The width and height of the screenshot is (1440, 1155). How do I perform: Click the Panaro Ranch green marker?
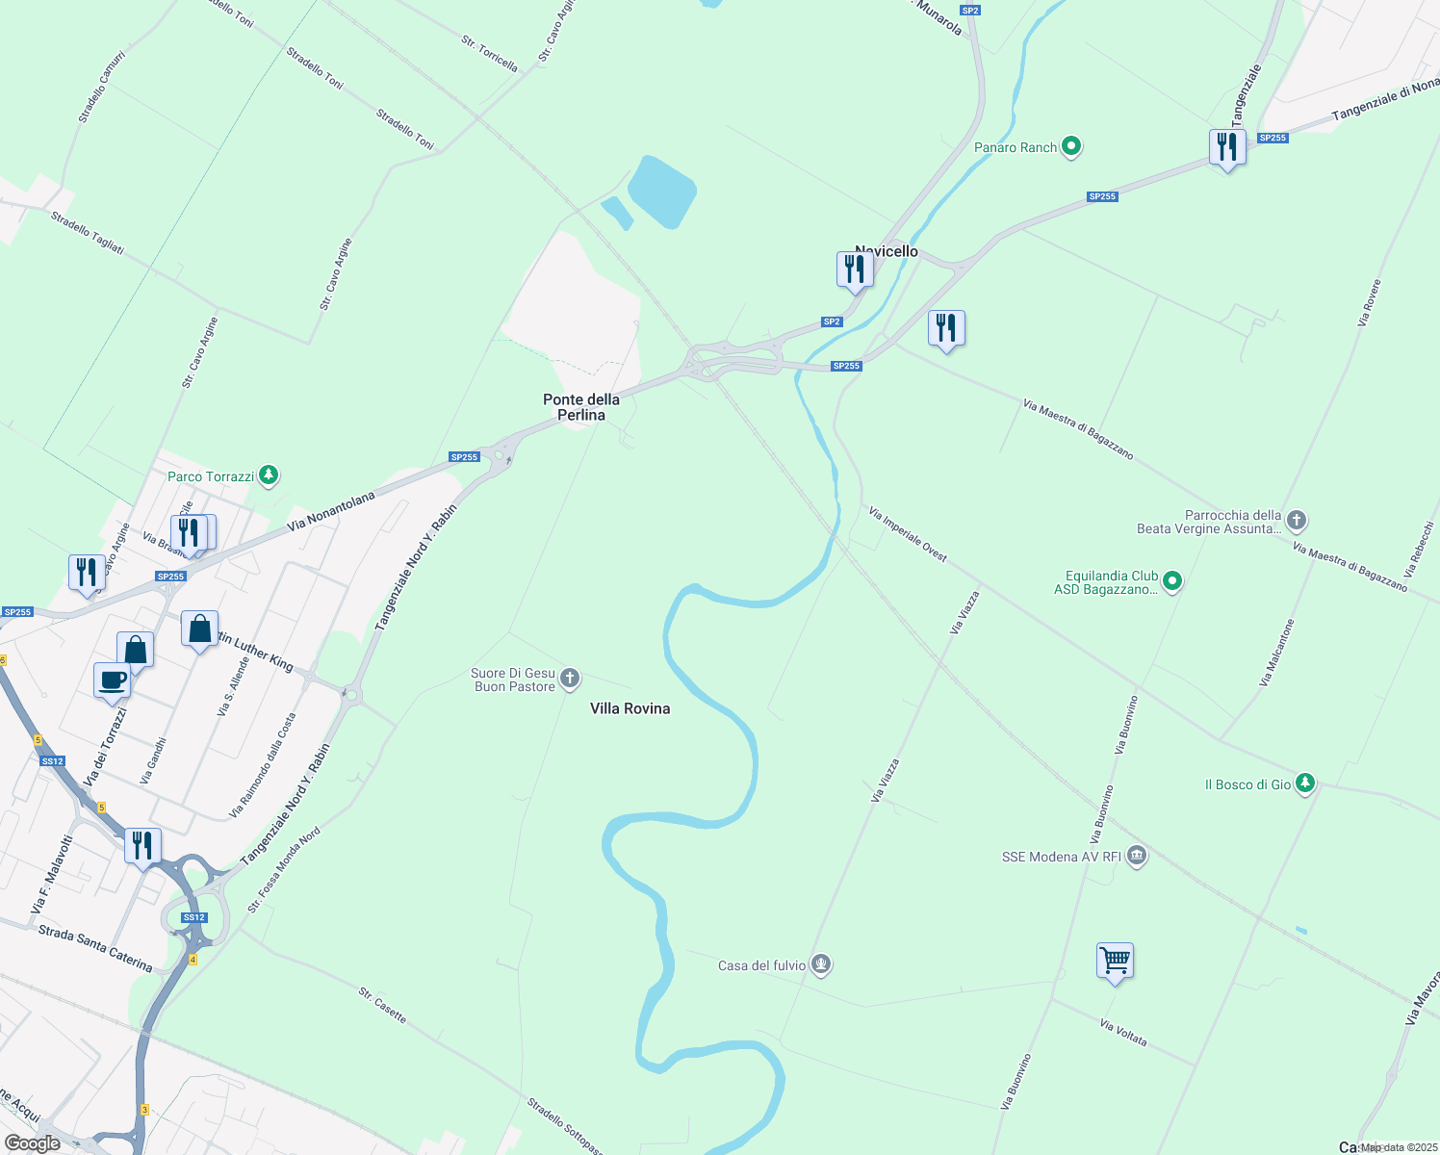point(1071,147)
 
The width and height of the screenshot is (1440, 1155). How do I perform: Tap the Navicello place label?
point(887,251)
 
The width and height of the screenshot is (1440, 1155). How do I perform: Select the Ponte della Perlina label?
point(581,407)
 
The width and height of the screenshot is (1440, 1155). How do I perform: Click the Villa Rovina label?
point(630,708)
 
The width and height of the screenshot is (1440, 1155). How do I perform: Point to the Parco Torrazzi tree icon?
point(269,475)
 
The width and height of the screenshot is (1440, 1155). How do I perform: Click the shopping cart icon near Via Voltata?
point(1115,960)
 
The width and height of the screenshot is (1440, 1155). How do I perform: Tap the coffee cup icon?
point(113,680)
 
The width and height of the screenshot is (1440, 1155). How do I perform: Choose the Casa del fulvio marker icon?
point(820,963)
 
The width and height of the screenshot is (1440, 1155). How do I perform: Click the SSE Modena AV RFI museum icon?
point(1137,856)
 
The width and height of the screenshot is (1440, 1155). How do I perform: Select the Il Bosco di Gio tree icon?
point(1304,783)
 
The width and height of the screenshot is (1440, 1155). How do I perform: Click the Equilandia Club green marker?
point(1171,581)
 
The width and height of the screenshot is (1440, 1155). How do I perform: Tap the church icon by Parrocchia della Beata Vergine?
point(1297,521)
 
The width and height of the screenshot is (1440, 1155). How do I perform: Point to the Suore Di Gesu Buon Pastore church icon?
point(570,680)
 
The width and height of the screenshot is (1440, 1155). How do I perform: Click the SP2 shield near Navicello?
point(832,321)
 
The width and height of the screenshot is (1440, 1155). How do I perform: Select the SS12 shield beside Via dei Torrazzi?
point(52,761)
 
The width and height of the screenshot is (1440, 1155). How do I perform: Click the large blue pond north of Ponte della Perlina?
point(662,192)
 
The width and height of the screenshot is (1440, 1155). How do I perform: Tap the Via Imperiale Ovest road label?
point(907,534)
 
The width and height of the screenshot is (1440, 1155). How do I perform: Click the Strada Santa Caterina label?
point(94,947)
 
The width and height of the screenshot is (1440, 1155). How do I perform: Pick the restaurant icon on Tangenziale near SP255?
point(1226,147)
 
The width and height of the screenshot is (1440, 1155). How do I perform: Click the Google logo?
point(33,1143)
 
